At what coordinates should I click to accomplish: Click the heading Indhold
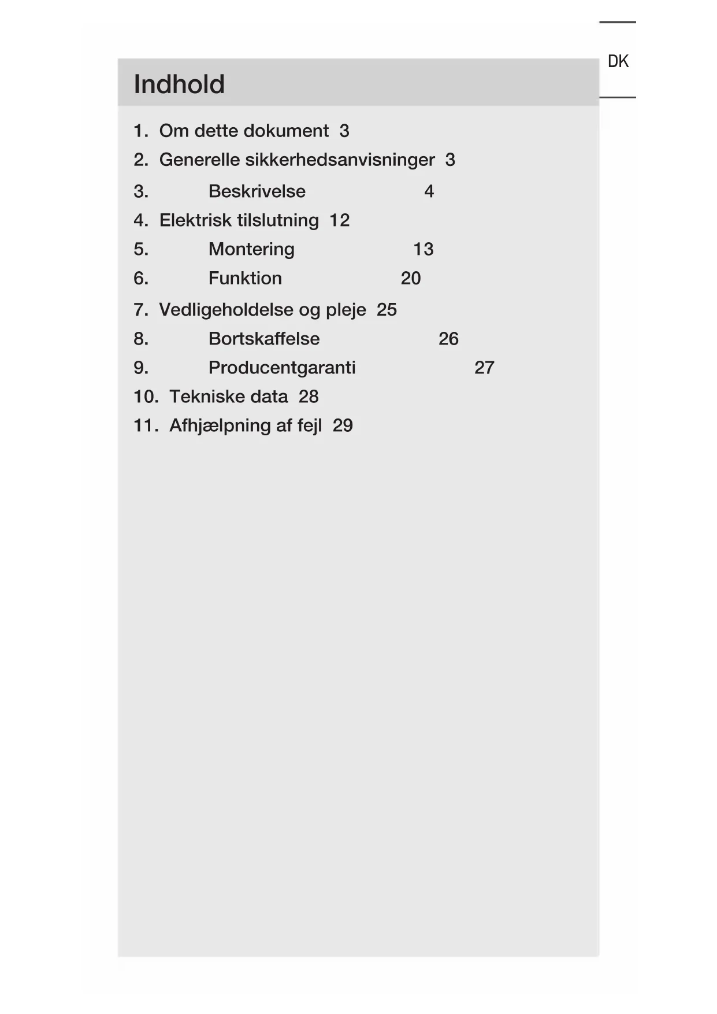179,84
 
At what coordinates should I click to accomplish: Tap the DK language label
618,61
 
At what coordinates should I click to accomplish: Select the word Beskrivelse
257,191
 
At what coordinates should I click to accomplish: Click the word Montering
251,249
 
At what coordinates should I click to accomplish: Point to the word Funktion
245,278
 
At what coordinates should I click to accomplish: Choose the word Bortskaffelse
264,339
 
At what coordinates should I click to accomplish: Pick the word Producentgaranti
282,368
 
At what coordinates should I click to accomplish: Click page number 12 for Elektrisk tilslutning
340,220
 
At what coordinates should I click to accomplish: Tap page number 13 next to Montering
423,249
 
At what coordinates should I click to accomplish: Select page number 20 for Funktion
411,278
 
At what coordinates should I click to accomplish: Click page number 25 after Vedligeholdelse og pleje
387,310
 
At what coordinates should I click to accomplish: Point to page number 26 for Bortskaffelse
448,339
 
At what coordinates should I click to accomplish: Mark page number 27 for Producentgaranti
484,368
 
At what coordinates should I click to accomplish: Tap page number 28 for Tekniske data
309,397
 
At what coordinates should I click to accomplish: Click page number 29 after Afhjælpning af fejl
343,425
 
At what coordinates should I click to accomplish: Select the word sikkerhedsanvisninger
340,160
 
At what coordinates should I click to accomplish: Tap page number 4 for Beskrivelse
429,191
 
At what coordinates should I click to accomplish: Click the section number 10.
145,397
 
